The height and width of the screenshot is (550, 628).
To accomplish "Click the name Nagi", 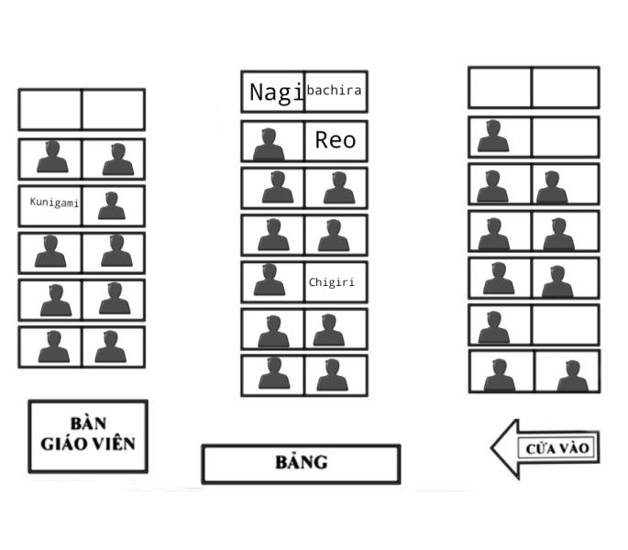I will pyautogui.click(x=276, y=92).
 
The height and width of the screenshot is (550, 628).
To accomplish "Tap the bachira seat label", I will pyautogui.click(x=335, y=90).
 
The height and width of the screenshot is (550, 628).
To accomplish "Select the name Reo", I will pyautogui.click(x=335, y=140).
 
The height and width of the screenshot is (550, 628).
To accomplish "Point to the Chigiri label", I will pyautogui.click(x=331, y=282).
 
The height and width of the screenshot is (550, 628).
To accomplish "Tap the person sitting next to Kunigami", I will pyautogui.click(x=113, y=206).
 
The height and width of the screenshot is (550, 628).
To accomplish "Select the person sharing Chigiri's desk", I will pyautogui.click(x=268, y=280).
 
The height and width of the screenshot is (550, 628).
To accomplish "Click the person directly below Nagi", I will pyautogui.click(x=268, y=144).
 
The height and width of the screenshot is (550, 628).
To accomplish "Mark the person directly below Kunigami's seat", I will pyautogui.click(x=50, y=251).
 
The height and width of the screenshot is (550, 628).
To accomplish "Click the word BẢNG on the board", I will pyautogui.click(x=301, y=462).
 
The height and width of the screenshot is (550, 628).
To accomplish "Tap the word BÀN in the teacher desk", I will pyautogui.click(x=88, y=423).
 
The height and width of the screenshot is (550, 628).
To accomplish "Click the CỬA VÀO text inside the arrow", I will pyautogui.click(x=557, y=449).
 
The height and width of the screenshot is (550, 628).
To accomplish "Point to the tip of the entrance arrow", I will pyautogui.click(x=493, y=449).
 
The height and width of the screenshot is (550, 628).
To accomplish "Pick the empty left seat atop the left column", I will pyautogui.click(x=50, y=109).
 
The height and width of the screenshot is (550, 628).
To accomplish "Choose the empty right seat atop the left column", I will pyautogui.click(x=113, y=109).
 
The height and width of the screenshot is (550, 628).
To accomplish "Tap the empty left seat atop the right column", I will pyautogui.click(x=500, y=88).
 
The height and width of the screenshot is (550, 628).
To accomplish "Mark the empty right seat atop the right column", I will pyautogui.click(x=565, y=88).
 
